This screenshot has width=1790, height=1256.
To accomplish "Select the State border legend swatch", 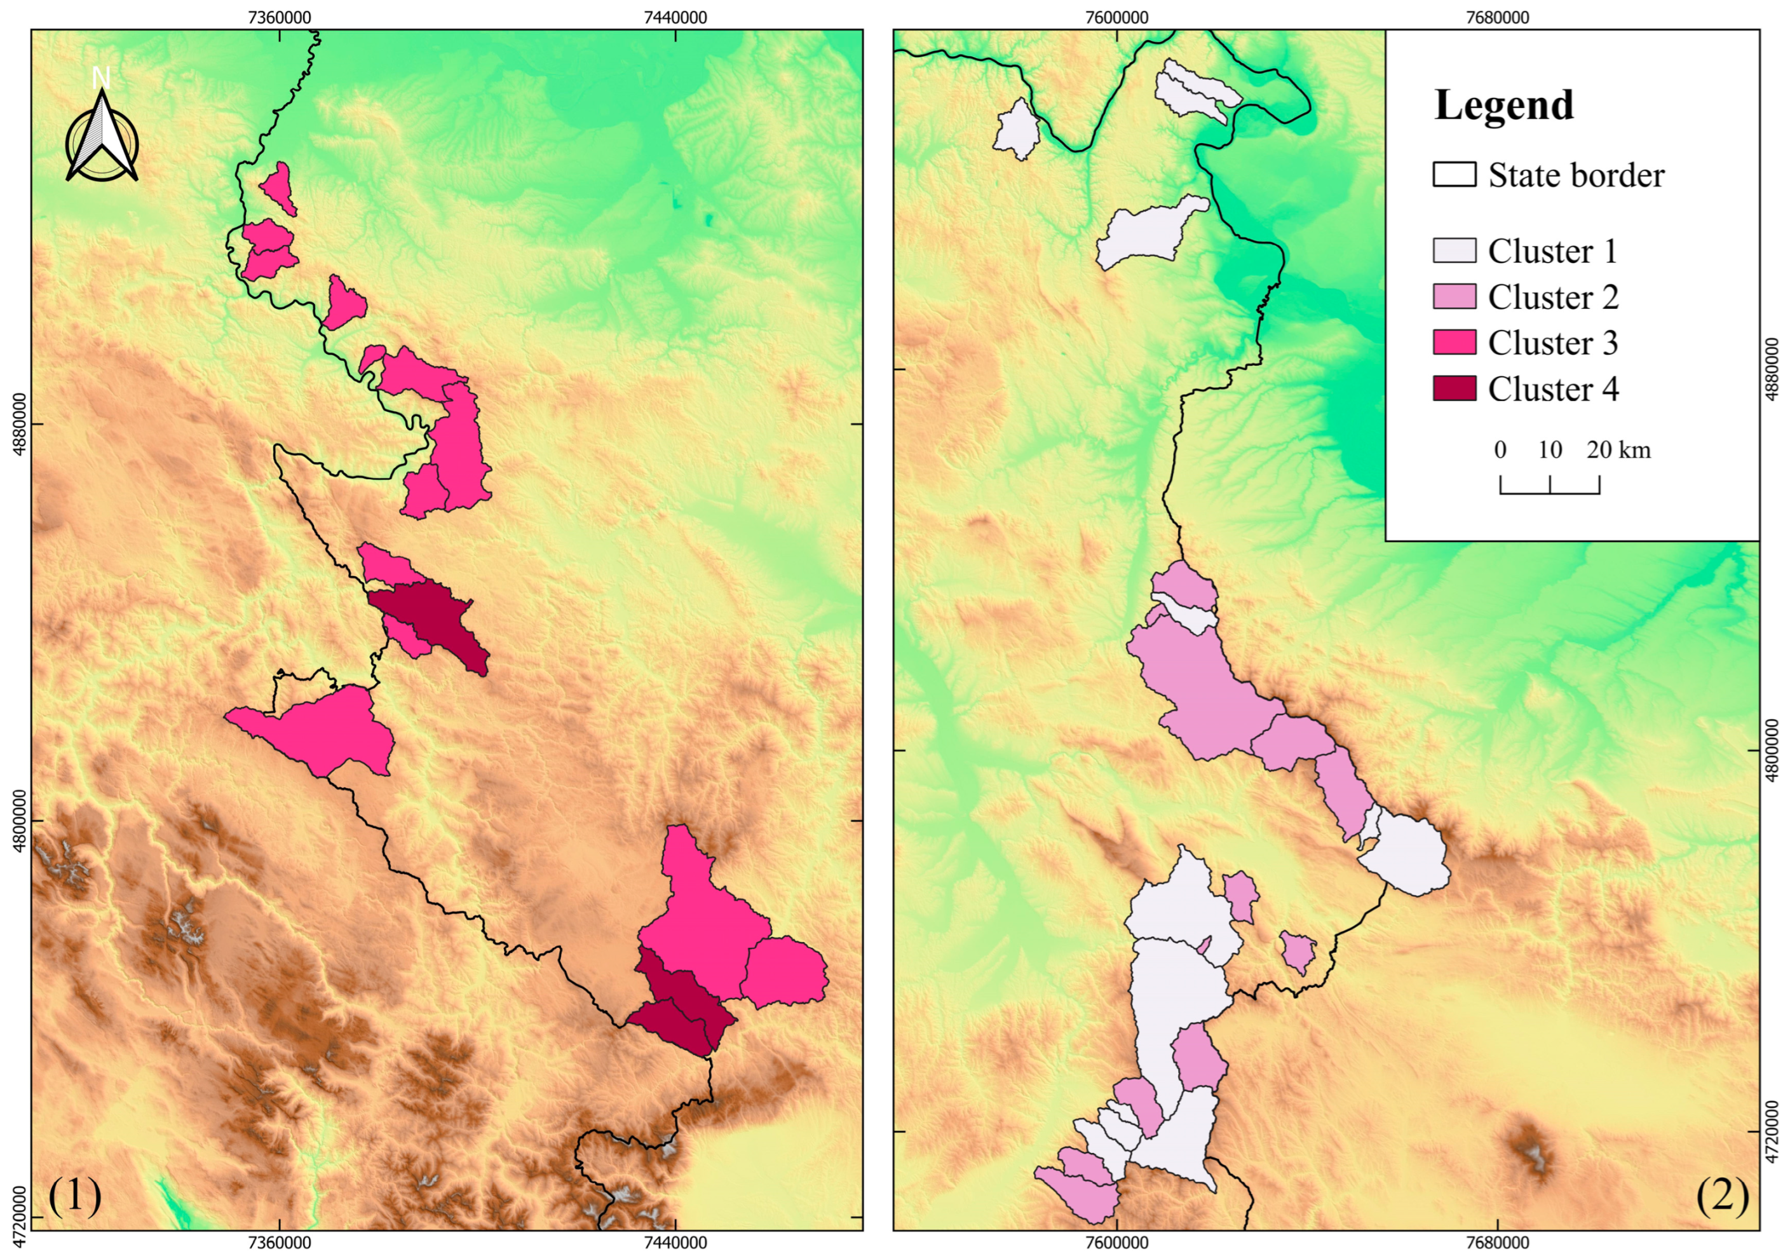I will click(x=1454, y=175).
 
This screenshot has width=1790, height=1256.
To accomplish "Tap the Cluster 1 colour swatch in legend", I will click(x=1454, y=251).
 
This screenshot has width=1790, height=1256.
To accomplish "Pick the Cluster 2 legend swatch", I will click(x=1454, y=297).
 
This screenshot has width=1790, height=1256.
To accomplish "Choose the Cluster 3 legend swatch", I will click(x=1454, y=342).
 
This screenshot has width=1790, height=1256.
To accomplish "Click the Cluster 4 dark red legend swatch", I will click(x=1454, y=388).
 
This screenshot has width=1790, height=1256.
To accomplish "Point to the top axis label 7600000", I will click(x=1116, y=17).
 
